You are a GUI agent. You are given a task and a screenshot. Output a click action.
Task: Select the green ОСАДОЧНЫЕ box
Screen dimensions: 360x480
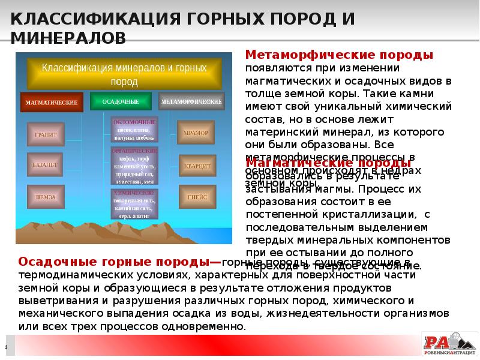point(120,101)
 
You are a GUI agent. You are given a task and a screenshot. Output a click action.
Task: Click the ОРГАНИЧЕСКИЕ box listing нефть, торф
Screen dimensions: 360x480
point(134,166)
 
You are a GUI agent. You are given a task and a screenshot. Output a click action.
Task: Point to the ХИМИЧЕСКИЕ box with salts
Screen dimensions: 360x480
point(134,203)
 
